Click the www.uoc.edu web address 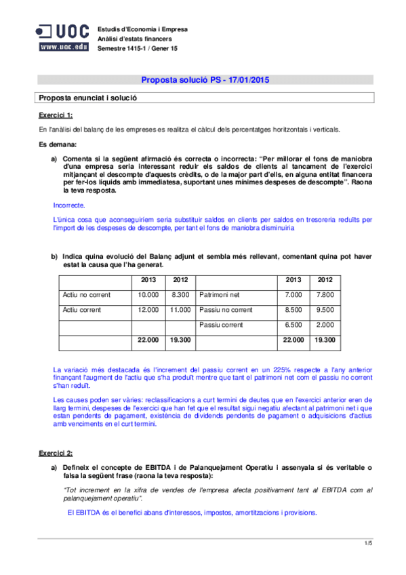(x=63, y=47)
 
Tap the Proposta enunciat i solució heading (x=88, y=98)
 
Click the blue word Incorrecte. (x=68, y=204)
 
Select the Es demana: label (x=58, y=145)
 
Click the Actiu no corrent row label (x=86, y=295)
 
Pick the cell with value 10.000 (x=148, y=295)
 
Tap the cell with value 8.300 (x=180, y=295)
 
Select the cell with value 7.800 (x=325, y=295)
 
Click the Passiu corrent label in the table (x=221, y=325)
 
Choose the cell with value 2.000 (x=325, y=325)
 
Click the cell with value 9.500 (x=325, y=310)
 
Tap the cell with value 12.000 (x=148, y=310)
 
